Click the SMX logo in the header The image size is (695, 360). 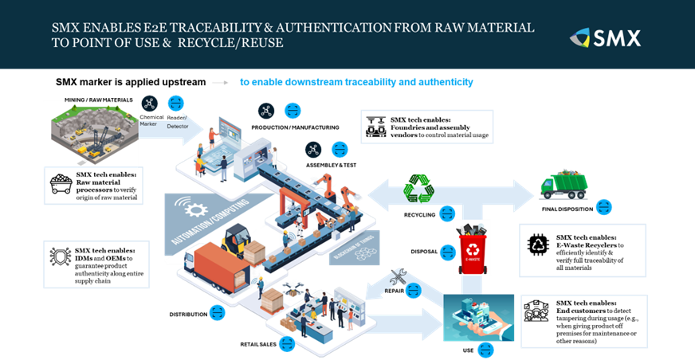(x=606, y=37)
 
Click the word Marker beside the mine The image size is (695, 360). (x=148, y=124)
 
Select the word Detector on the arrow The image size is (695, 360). (x=178, y=127)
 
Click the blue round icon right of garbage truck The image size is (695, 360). (x=604, y=207)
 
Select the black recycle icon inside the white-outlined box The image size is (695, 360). (x=539, y=245)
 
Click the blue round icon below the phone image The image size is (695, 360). (x=485, y=350)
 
